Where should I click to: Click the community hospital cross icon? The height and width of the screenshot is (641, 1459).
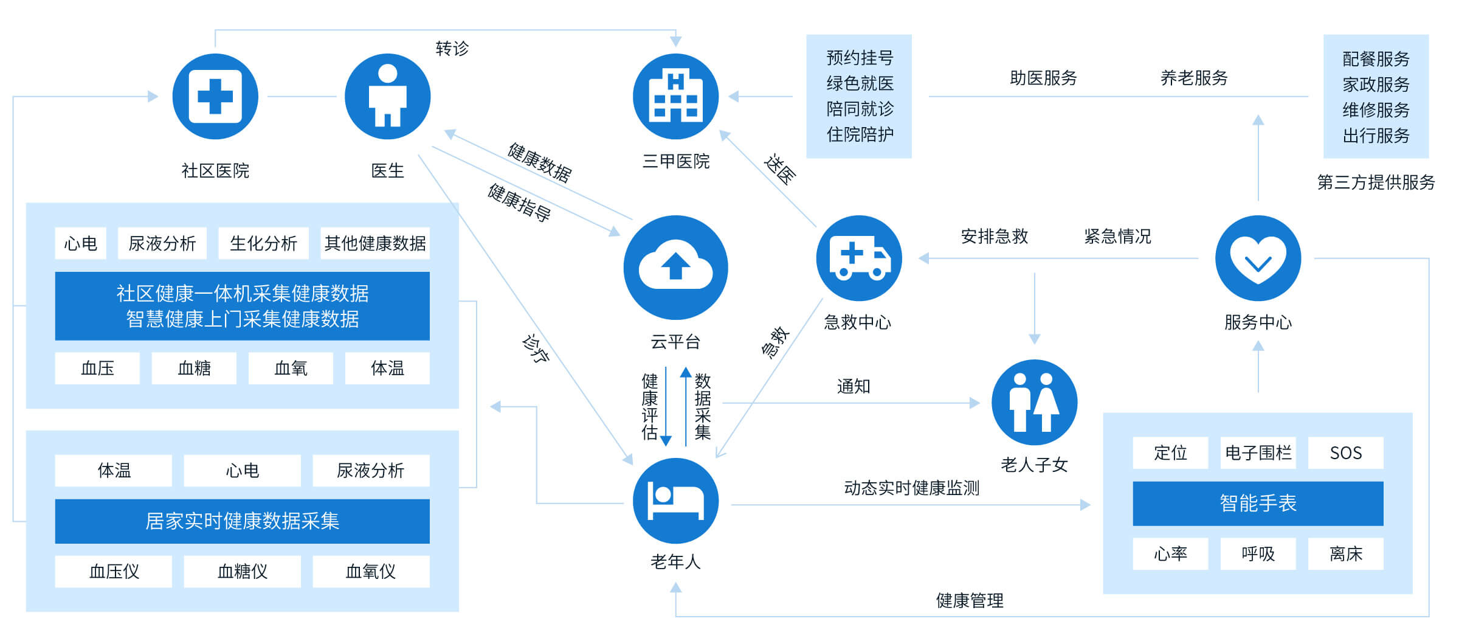coord(215,96)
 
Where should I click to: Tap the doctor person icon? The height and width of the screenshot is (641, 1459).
coord(387,96)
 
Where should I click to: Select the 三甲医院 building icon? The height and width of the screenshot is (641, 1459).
coord(675,96)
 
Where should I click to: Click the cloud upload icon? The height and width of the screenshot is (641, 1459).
coord(675,268)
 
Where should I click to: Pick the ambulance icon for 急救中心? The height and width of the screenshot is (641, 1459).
coord(858,258)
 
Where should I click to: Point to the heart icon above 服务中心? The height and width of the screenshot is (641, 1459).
coord(1258,258)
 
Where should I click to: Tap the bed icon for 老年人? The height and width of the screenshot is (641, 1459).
coord(675,501)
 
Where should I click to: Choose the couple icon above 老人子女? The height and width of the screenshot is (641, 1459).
coord(1034,402)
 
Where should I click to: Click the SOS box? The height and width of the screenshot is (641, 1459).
coord(1345,453)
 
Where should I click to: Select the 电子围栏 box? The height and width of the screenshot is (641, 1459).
coord(1258,453)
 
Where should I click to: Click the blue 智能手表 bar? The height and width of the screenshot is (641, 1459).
coord(1258,504)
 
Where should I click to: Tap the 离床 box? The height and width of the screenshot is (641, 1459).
coord(1345,554)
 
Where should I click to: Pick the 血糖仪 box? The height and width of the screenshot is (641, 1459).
coord(242,572)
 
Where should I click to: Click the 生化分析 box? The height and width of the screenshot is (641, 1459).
coord(263,243)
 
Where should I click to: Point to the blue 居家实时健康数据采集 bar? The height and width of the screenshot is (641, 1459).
coord(242,521)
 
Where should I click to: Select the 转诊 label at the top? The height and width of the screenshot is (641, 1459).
coord(452,49)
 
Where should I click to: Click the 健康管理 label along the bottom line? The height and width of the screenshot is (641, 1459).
coord(970,601)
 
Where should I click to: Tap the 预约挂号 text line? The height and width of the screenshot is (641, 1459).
coord(860,58)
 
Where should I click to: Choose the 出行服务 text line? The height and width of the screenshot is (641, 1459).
coord(1376,136)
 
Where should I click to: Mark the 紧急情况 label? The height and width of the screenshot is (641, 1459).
coord(1117,236)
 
